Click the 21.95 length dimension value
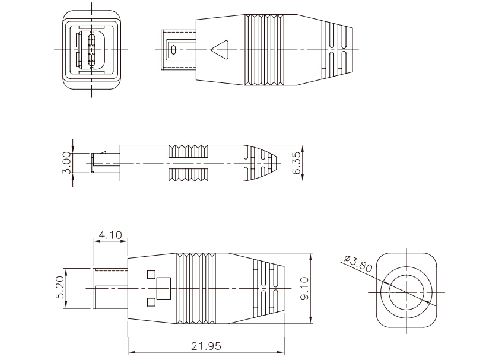206,346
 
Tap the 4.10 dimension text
110,235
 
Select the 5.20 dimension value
60,287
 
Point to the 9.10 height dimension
304,288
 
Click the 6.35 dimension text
296,163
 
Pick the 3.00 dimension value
66,163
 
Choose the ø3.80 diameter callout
358,264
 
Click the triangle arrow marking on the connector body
220,50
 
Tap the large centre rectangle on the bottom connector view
164,288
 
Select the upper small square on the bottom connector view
151,275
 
